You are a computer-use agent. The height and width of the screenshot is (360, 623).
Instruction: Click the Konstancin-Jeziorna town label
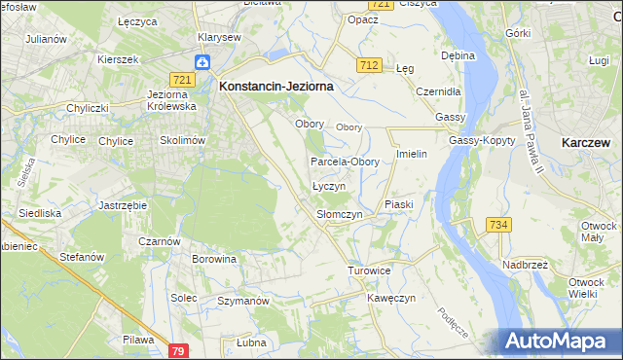[276, 86]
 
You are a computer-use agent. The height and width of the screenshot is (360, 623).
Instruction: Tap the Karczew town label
[586, 142]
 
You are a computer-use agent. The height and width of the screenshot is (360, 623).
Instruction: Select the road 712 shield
[368, 64]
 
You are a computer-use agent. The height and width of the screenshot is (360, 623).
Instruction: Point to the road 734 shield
[499, 225]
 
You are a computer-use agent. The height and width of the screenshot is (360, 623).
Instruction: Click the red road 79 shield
[177, 350]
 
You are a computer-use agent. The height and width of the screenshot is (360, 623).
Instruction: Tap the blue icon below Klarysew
[202, 62]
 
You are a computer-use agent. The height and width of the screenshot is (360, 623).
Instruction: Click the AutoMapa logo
[561, 342]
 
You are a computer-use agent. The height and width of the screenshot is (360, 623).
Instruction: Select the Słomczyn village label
[340, 214]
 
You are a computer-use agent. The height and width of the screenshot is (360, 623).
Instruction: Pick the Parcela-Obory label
[345, 162]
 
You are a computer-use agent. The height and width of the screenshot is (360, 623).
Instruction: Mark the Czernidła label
[437, 90]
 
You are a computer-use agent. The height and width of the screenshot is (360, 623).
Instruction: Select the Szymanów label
[242, 302]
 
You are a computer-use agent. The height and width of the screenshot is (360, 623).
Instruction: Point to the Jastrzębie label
[123, 206]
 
